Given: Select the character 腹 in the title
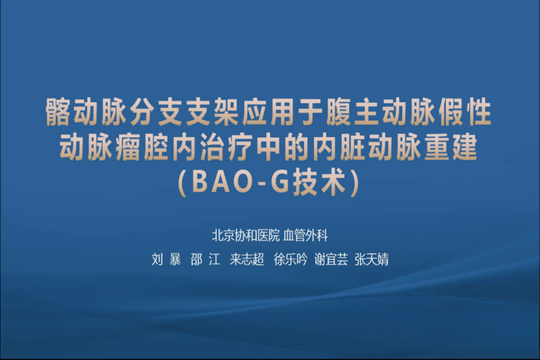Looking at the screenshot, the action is (339, 111).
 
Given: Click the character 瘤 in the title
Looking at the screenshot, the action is (129, 147).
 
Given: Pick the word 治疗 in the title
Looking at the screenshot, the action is (227, 147).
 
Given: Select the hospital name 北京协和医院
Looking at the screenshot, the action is (246, 235).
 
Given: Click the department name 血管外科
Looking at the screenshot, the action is (306, 235).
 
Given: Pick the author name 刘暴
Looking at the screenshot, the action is (166, 259).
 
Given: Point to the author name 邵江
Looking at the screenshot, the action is (205, 259).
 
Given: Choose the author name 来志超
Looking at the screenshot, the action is (247, 259).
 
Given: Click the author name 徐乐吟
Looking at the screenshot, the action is (290, 259).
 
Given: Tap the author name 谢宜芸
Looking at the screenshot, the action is (331, 259).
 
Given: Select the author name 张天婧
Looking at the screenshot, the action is (371, 259).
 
